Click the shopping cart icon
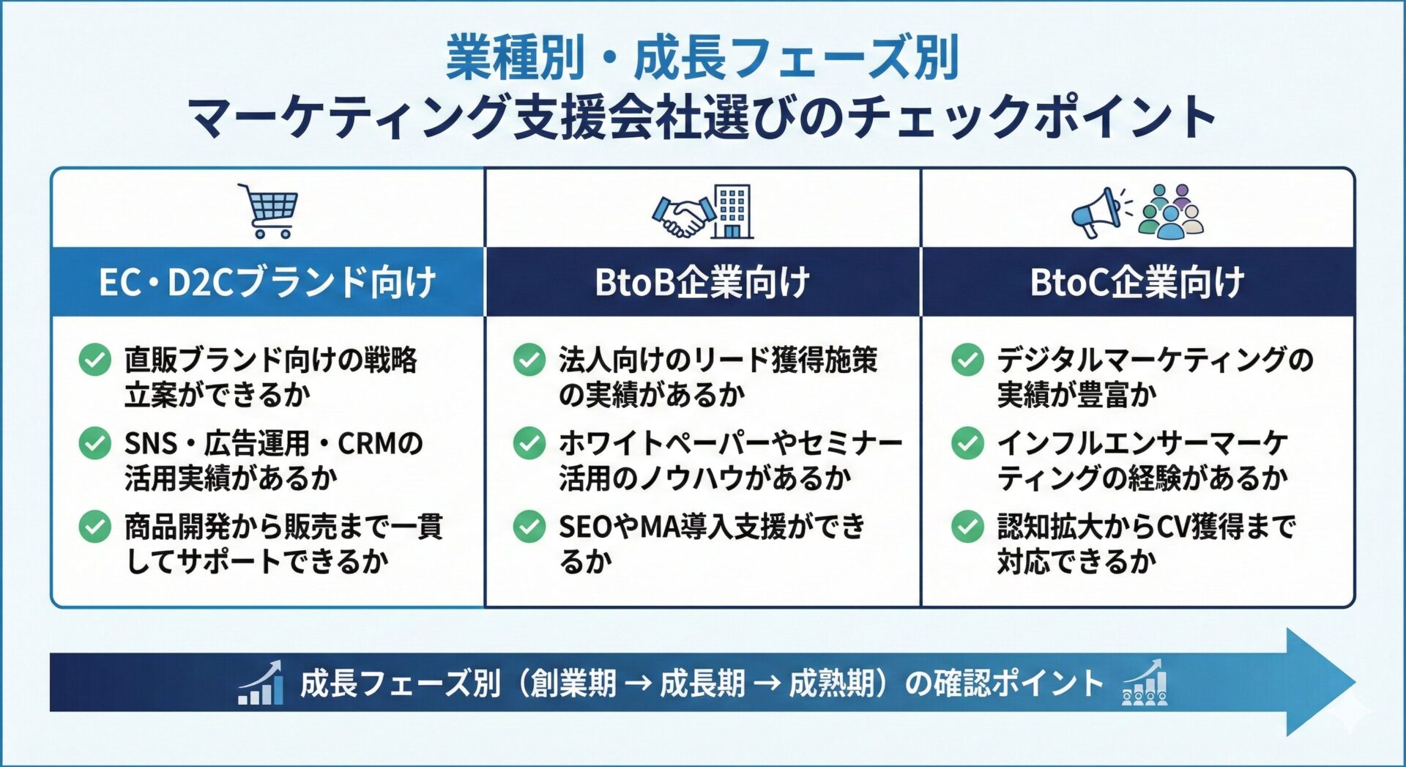click(268, 211)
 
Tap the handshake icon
click(682, 215)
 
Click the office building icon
click(733, 211)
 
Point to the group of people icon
click(1170, 212)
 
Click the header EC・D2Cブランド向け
click(268, 282)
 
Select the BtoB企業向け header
click(702, 282)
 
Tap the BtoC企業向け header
click(1137, 282)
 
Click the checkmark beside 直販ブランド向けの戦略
click(95, 360)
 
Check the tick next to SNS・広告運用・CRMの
click(95, 443)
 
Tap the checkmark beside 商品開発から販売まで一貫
click(95, 527)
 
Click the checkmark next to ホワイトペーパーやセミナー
click(529, 443)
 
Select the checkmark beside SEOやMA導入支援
click(529, 527)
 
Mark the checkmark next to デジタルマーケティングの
click(967, 360)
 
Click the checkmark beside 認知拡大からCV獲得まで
click(967, 527)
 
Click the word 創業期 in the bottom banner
click(573, 683)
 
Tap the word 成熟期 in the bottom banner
click(831, 683)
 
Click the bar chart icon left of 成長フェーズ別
click(261, 683)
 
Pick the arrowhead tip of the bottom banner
click(1355, 682)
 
